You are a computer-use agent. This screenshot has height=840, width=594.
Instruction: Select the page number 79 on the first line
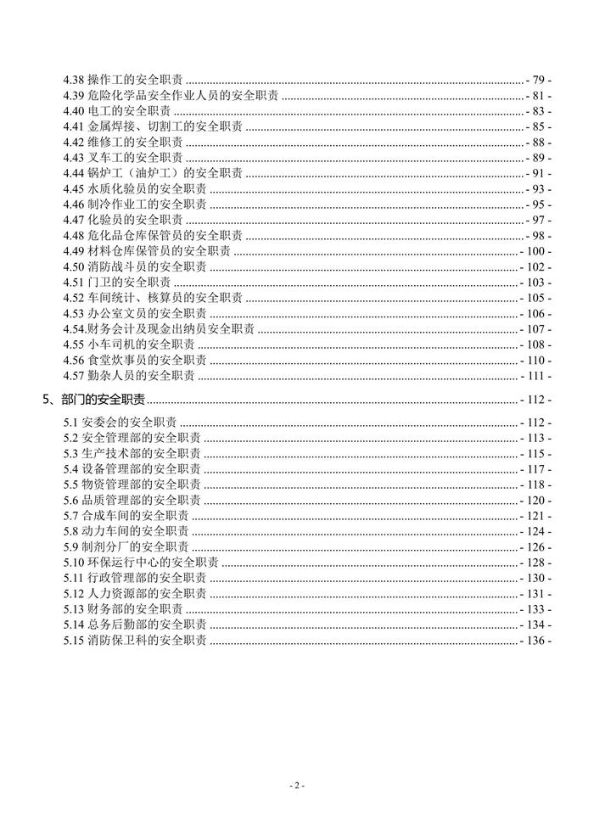tap(539, 79)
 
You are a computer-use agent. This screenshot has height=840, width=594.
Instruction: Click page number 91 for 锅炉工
tap(539, 173)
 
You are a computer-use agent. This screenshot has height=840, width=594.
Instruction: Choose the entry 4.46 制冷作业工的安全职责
tap(135, 204)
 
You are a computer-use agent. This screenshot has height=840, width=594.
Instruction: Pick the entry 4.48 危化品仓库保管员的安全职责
tap(153, 236)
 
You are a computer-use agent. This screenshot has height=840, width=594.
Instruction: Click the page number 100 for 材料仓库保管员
tap(536, 251)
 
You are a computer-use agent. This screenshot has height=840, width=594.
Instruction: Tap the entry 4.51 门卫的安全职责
tap(118, 283)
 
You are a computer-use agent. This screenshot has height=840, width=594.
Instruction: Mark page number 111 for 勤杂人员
tap(536, 376)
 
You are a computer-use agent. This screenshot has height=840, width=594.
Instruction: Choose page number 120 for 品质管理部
tap(536, 501)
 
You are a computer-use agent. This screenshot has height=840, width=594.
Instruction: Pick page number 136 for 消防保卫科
tap(536, 641)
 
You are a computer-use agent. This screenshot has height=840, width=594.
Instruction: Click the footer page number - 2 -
tap(297, 786)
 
